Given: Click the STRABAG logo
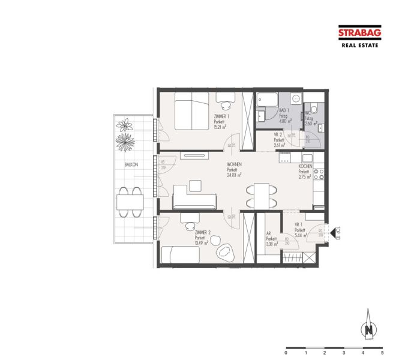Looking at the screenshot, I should point(359,34).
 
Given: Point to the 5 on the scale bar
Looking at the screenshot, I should point(382,353).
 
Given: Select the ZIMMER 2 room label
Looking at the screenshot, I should point(202,232).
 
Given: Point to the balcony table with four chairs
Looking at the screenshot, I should point(130,202).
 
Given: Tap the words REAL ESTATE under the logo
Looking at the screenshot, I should point(359,45).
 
